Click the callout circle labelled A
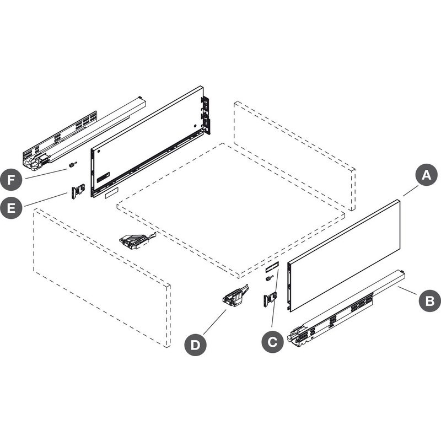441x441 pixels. (426, 175)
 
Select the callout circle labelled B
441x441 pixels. (430, 300)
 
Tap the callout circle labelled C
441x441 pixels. (272, 342)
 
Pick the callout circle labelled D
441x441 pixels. (195, 345)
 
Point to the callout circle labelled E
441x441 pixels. (11, 208)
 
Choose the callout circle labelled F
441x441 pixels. (11, 180)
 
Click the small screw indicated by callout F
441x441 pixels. (73, 165)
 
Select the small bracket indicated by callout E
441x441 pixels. (78, 191)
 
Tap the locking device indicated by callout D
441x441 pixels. (235, 295)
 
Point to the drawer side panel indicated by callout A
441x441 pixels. (343, 255)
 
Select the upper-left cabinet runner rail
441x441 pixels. (84, 133)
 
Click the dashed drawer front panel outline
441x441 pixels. (102, 278)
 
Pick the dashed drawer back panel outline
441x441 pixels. (294, 155)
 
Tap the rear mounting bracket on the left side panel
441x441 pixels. (206, 116)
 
